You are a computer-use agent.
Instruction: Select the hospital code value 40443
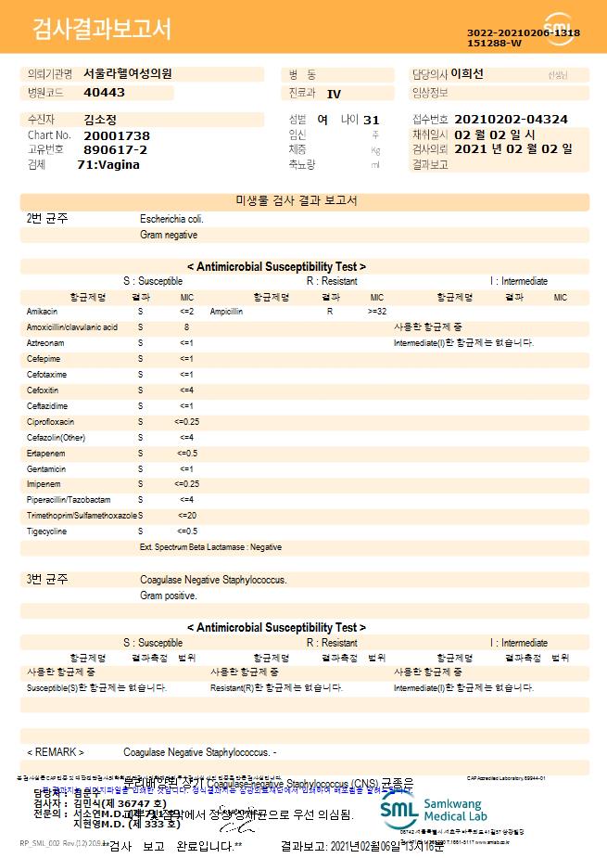104,93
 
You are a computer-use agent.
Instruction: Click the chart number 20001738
117,135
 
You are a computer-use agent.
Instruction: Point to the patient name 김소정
100,120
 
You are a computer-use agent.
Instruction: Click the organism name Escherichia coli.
171,219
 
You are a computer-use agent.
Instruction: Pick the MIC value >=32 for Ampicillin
376,312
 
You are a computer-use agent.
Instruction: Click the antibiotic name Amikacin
43,312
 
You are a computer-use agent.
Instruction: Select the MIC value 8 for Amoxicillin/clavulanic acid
186,327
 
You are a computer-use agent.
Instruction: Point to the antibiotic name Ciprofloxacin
50,422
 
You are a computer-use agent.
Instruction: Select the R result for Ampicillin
330,312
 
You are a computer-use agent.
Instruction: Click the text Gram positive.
168,595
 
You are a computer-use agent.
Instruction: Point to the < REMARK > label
56,751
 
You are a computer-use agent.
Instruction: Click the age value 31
372,120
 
